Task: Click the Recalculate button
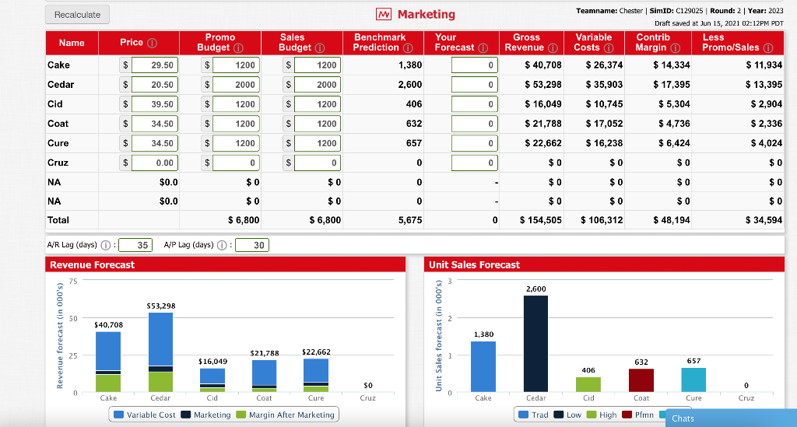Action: (x=78, y=15)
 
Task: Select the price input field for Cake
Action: (x=154, y=65)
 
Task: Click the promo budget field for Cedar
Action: (x=236, y=85)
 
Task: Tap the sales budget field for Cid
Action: (x=315, y=104)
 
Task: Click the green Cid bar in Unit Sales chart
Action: (x=588, y=383)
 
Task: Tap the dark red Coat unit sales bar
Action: (x=641, y=380)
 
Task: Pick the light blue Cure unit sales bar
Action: (x=693, y=379)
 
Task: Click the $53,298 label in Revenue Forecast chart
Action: (x=160, y=306)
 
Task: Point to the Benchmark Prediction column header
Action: (x=380, y=42)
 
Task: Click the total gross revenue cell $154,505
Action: (x=540, y=220)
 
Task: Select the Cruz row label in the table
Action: (x=58, y=163)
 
